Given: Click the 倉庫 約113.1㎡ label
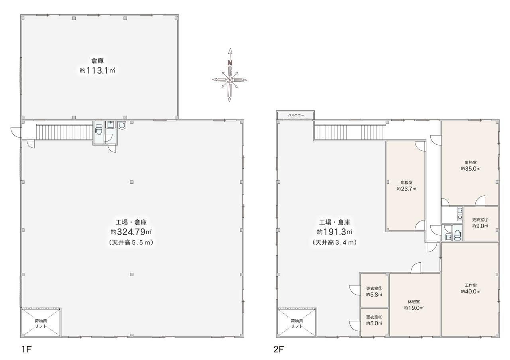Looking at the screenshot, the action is [x=98, y=66].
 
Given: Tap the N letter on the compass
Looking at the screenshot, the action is [x=230, y=63].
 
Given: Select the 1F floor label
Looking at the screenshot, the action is [x=26, y=349].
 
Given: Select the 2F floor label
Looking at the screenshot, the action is [x=279, y=349].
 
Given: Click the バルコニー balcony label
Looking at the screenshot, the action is [x=296, y=115].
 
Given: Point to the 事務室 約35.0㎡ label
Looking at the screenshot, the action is [x=471, y=165].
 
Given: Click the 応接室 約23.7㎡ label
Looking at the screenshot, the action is [x=406, y=186].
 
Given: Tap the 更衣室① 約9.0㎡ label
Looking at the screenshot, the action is [x=480, y=223].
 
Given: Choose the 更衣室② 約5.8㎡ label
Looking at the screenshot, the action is [x=374, y=292].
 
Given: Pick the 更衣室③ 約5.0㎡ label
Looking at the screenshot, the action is [x=374, y=320].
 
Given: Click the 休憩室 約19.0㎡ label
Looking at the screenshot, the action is [x=414, y=305].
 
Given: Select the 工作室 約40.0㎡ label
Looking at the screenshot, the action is [x=471, y=289].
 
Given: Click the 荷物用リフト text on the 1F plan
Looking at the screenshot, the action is [x=41, y=324].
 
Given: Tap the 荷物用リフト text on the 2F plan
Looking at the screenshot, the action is [x=297, y=324].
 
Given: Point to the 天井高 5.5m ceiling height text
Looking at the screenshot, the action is [x=131, y=242].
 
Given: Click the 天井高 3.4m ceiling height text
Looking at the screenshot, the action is [x=335, y=242].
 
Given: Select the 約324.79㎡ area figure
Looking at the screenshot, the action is [x=131, y=232].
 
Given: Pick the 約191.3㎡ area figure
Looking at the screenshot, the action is [x=335, y=232].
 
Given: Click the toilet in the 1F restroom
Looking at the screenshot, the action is [x=99, y=130].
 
